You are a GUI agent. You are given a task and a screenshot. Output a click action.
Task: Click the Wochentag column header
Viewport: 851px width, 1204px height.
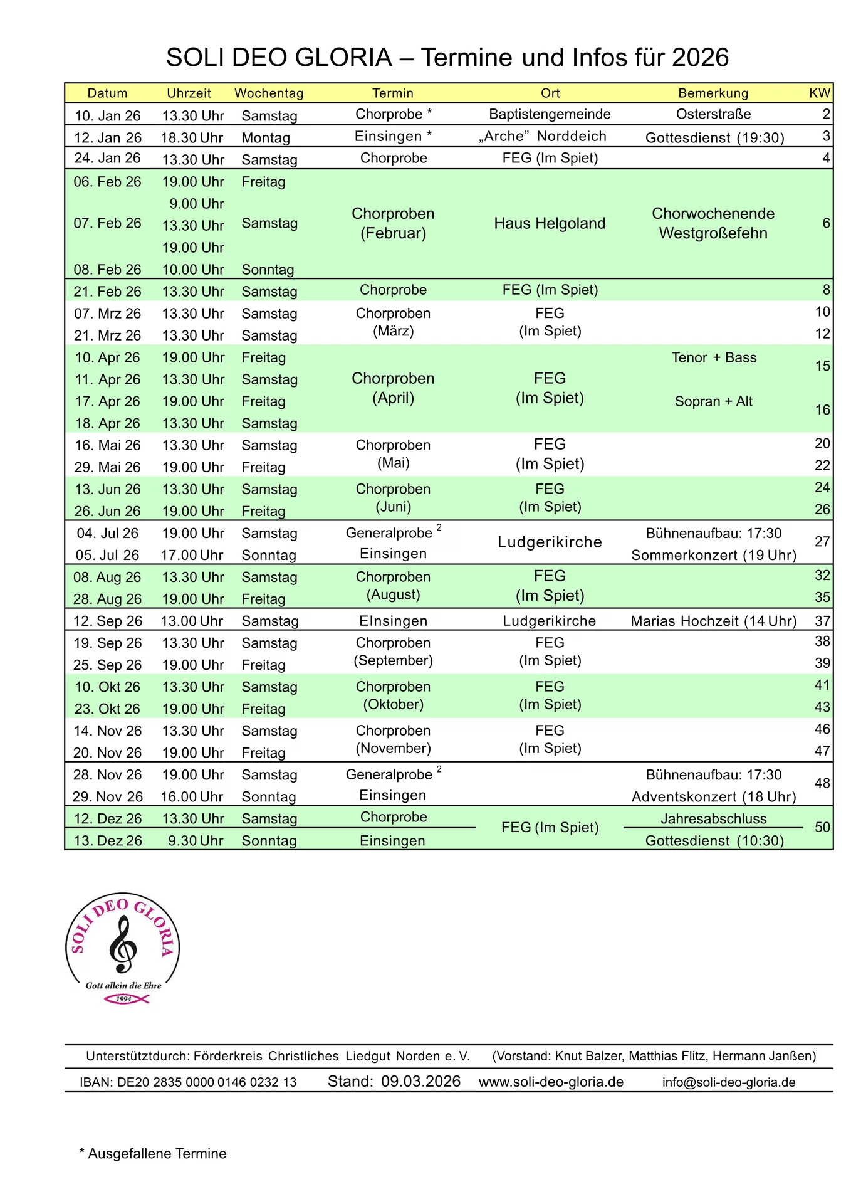[269, 93]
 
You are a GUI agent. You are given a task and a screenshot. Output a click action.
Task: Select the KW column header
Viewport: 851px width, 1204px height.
[819, 93]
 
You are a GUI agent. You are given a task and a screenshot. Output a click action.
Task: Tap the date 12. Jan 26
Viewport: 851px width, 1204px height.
[108, 137]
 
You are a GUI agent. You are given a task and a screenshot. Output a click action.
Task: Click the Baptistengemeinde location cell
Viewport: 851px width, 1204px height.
[550, 114]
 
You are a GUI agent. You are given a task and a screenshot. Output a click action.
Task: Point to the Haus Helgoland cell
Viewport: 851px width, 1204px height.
[550, 223]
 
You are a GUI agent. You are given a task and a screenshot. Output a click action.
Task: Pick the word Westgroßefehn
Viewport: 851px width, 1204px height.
[713, 233]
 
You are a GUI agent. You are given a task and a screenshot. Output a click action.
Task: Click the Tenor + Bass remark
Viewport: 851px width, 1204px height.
[714, 357]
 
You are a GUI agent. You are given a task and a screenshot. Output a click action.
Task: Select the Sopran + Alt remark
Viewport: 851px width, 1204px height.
[714, 401]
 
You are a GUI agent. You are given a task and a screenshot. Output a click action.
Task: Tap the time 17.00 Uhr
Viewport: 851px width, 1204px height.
[192, 555]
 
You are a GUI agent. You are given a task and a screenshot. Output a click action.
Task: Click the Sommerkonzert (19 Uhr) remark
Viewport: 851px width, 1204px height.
[714, 555]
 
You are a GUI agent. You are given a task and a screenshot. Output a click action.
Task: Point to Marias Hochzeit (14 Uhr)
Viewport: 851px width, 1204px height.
[714, 621]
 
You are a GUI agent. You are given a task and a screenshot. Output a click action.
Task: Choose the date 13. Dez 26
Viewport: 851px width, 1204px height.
[108, 840]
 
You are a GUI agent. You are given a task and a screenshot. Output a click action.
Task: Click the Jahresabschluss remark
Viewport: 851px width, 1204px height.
[714, 818]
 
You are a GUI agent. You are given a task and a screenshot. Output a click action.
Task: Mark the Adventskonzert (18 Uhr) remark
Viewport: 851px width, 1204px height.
[714, 796]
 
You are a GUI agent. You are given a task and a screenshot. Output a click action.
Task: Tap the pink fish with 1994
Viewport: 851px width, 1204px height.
[125, 998]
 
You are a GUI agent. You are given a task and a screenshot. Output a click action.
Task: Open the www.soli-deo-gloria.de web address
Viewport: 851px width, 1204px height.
[551, 1082]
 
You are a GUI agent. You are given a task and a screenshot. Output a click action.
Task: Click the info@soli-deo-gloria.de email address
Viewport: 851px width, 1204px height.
[729, 1082]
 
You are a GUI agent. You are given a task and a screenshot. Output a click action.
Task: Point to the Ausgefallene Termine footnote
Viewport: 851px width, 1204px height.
[153, 1154]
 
